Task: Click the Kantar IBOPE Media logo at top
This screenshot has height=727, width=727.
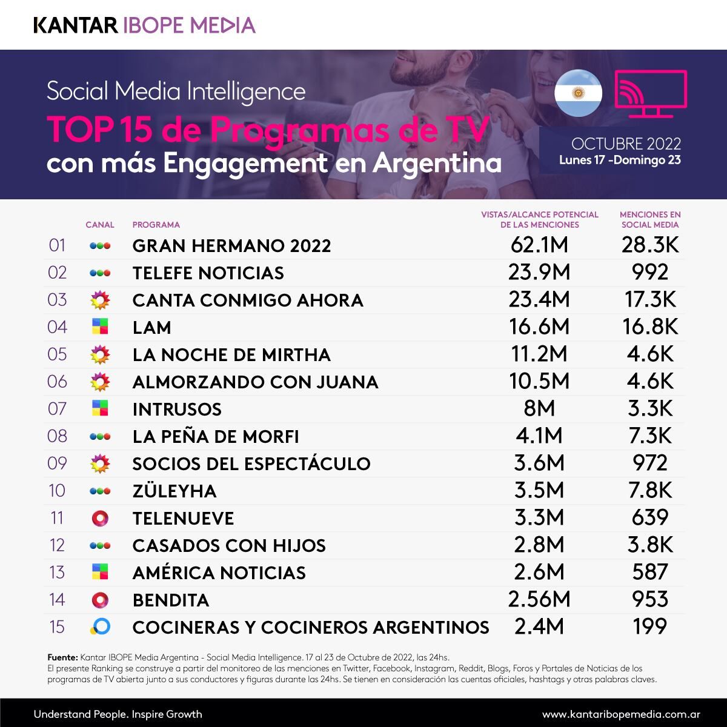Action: pos(144,25)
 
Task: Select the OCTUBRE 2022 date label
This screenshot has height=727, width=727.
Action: pos(626,144)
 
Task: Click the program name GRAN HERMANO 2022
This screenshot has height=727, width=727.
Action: pos(231,246)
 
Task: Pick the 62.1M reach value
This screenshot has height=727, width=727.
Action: pos(539,245)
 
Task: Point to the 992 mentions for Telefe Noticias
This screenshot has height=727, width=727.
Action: pos(649,273)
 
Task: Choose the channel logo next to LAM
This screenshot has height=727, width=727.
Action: pos(100,327)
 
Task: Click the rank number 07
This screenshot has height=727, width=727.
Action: pos(57,409)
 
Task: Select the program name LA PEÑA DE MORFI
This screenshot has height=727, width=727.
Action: pos(216,437)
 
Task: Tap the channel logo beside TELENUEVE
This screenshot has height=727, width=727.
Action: pos(100,518)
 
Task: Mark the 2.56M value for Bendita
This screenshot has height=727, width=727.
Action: pos(539,600)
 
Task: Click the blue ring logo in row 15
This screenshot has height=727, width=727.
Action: pos(100,626)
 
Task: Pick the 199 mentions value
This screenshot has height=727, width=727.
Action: pos(649,626)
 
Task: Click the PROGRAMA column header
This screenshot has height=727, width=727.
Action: pos(156,225)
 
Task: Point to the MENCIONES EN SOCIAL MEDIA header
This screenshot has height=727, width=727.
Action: pos(649,219)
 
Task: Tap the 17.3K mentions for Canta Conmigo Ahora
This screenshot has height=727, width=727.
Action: pos(649,300)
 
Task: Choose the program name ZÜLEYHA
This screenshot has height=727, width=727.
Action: pos(174,491)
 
